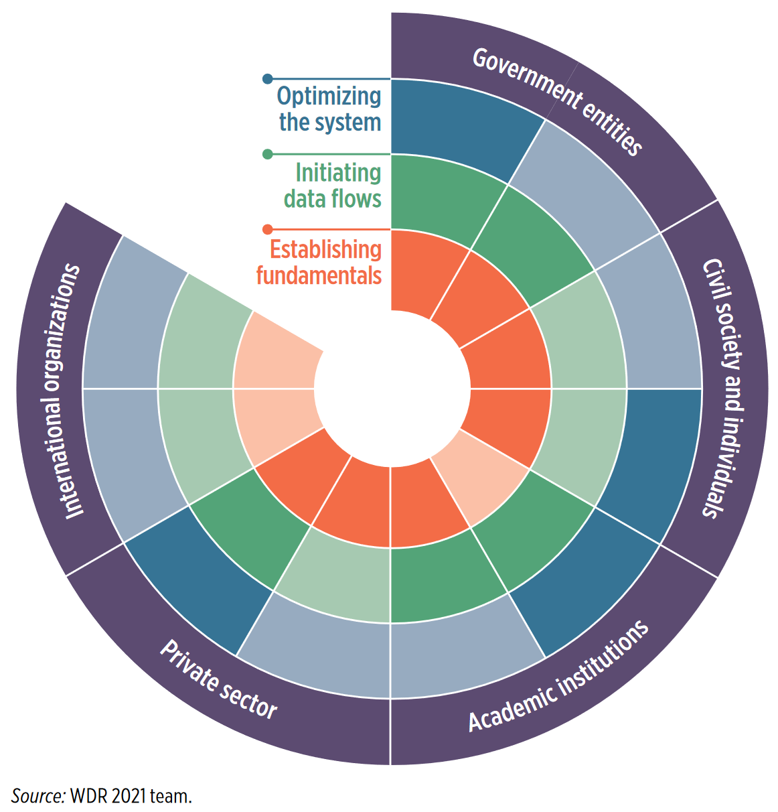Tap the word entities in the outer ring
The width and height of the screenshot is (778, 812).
coord(609,128)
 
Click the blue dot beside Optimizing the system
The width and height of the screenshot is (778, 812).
coord(268,79)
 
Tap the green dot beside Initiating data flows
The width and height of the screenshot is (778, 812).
coord(268,154)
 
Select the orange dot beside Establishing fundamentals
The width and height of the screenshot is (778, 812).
coord(268,230)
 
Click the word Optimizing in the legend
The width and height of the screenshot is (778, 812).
coord(329,96)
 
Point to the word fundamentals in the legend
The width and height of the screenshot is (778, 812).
coord(319,275)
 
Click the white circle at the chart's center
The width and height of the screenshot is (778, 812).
coord(391,389)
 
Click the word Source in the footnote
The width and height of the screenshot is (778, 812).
coord(37,796)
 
